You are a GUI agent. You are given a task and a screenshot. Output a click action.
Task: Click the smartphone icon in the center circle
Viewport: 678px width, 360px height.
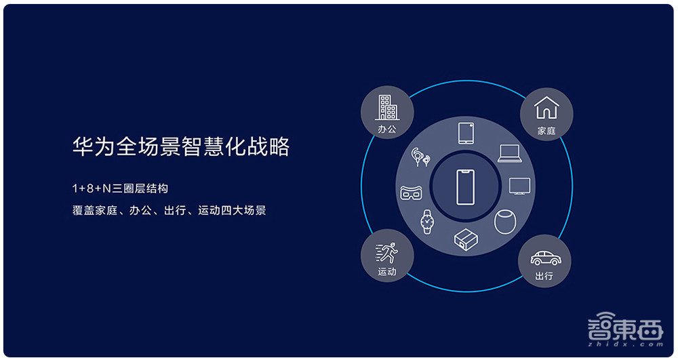[x=466, y=187]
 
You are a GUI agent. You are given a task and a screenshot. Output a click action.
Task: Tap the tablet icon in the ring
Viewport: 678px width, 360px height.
[x=466, y=134]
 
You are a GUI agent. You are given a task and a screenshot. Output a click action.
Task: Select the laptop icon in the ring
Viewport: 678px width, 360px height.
[x=509, y=153]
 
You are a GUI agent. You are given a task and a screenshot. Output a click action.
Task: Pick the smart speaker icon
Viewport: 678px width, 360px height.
[x=504, y=221]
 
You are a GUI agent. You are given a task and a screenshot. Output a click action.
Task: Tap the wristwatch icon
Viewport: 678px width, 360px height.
[x=426, y=221]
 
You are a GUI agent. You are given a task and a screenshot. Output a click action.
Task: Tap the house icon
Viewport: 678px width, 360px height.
[x=546, y=107]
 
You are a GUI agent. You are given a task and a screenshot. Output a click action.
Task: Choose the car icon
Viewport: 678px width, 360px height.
[x=544, y=258]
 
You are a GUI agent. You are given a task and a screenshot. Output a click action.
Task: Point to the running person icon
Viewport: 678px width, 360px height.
[x=387, y=254]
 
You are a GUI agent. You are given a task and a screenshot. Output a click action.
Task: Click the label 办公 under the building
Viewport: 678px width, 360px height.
[x=388, y=129]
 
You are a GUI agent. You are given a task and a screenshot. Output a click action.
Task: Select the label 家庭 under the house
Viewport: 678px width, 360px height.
[x=546, y=130]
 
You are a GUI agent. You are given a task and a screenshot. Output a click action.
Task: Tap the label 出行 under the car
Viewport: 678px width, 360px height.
[x=544, y=276]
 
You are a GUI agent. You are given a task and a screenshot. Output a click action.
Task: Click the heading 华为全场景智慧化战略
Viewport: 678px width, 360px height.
[x=181, y=146]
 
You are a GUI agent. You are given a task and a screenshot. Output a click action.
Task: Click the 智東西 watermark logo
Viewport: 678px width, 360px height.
[x=624, y=329]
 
